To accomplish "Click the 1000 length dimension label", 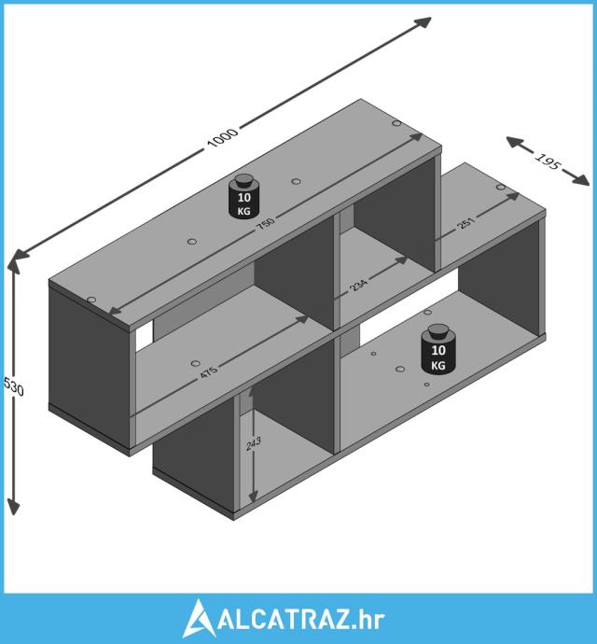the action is click(x=222, y=137).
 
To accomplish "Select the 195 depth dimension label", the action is click(x=548, y=161).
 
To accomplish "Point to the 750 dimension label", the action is click(x=265, y=223).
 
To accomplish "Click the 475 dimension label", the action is click(x=209, y=372).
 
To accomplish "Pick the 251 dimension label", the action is click(x=465, y=223).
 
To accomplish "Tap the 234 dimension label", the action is click(x=358, y=285).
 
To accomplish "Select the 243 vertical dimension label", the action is click(x=254, y=444).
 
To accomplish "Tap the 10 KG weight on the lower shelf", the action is click(x=438, y=349).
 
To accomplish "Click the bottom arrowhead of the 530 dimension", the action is click(x=14, y=507).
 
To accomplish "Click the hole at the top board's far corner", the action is click(x=396, y=123).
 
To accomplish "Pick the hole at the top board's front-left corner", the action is click(x=91, y=300).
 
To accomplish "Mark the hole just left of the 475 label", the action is click(x=196, y=363).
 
